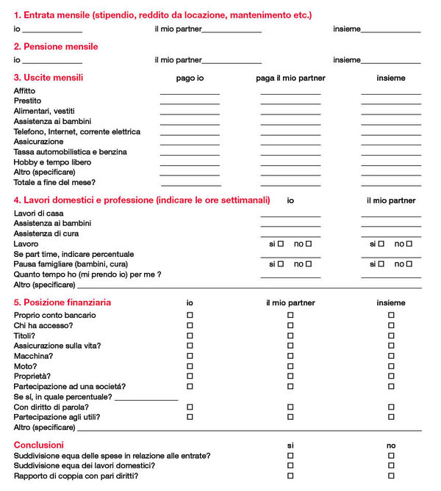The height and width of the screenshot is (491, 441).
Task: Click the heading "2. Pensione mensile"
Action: pyautogui.click(x=55, y=46)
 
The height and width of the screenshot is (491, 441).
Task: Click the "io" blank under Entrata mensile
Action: pyautogui.click(x=52, y=31)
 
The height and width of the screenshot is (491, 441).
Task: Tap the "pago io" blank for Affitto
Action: pyautogui.click(x=190, y=92)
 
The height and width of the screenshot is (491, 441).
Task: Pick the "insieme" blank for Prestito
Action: pyautogui.click(x=390, y=103)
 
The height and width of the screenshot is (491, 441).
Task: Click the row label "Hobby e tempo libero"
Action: pyautogui.click(x=52, y=161)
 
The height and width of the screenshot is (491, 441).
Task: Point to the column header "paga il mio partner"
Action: pyautogui.click(x=290, y=78)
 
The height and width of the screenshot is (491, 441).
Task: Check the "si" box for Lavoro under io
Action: pyautogui.click(x=281, y=244)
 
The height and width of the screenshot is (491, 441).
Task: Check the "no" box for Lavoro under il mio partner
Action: pyautogui.click(x=409, y=244)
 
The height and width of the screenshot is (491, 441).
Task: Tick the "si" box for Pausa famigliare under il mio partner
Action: pyautogui.click(x=381, y=263)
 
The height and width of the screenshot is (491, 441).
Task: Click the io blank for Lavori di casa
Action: pyautogui.click(x=290, y=215)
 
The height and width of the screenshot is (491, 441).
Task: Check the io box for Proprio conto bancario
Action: pyautogui.click(x=190, y=315)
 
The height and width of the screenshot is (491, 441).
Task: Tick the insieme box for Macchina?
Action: pyautogui.click(x=391, y=355)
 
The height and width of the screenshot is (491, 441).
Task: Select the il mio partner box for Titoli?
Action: pyautogui.click(x=290, y=335)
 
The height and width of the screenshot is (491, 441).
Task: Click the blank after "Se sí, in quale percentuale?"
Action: pyautogui.click(x=146, y=398)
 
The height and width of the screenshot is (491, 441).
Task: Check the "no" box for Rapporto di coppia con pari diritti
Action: pyautogui.click(x=391, y=476)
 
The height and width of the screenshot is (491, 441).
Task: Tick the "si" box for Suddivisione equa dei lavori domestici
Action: pyautogui.click(x=290, y=465)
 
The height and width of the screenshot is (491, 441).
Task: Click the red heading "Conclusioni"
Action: pyautogui.click(x=39, y=445)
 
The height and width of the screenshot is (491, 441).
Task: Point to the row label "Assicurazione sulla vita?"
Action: pyautogui.click(x=57, y=345)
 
